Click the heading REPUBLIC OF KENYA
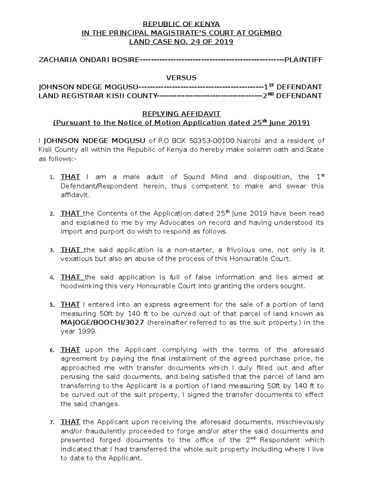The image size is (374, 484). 181,24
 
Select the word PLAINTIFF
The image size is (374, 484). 304,60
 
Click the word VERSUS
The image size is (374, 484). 181,78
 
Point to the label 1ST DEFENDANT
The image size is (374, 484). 293,87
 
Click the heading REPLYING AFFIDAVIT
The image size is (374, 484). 181,114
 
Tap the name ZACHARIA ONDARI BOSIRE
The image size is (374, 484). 88,60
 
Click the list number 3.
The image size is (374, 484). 52,251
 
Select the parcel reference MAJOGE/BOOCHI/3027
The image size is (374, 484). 102,323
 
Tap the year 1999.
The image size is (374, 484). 87,332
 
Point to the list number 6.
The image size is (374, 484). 52,350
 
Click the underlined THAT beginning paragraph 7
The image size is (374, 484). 70,422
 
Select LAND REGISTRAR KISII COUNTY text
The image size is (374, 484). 97,96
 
